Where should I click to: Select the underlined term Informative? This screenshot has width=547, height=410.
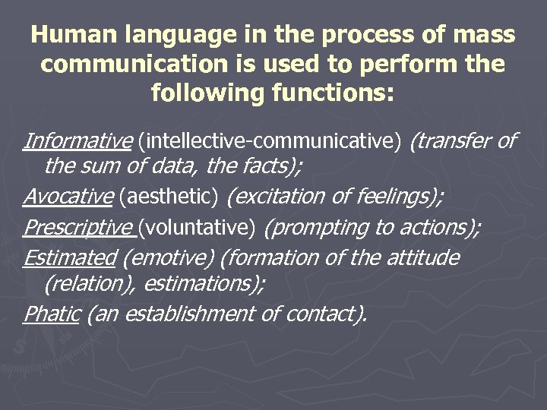coord(78,140)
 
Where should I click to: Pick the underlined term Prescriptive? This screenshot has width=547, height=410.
coord(79,227)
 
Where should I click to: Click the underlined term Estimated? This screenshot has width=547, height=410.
coord(69,257)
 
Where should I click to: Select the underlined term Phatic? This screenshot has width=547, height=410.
coord(52,314)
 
